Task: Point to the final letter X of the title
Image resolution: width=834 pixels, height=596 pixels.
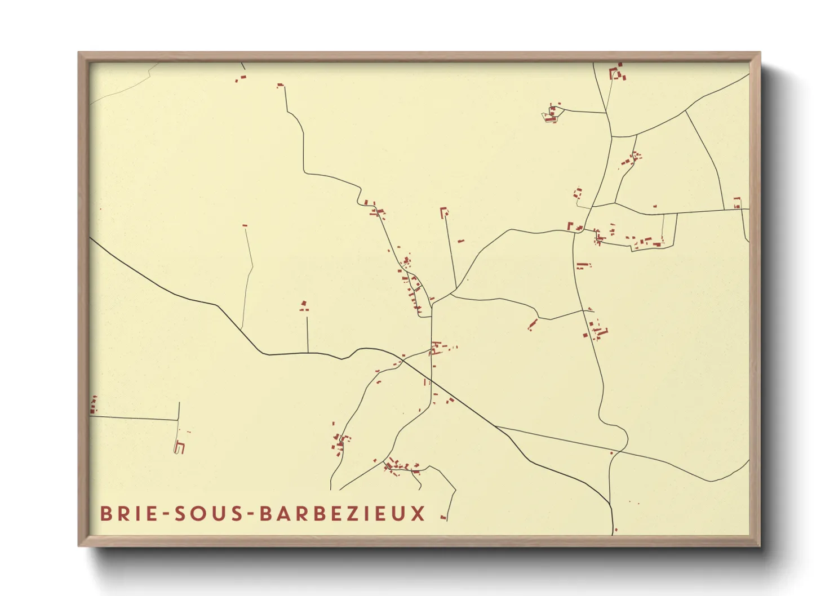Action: click(x=418, y=514)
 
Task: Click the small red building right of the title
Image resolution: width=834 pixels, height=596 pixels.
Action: click(x=443, y=517)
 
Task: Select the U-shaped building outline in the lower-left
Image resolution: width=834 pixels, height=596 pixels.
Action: click(x=180, y=448)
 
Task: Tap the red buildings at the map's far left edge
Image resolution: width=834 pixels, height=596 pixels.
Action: click(x=94, y=404)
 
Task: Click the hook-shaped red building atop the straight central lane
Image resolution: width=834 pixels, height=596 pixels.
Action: click(x=444, y=212)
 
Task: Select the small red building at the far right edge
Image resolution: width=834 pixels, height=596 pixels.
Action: click(x=737, y=203)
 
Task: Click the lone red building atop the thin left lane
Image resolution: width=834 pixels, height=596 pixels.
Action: click(x=245, y=225)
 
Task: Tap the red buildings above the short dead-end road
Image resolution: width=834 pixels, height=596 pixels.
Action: click(x=304, y=306)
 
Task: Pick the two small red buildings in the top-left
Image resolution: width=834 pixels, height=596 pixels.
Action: click(x=241, y=79)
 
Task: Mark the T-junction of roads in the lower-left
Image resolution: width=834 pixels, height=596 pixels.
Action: click(x=178, y=420)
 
